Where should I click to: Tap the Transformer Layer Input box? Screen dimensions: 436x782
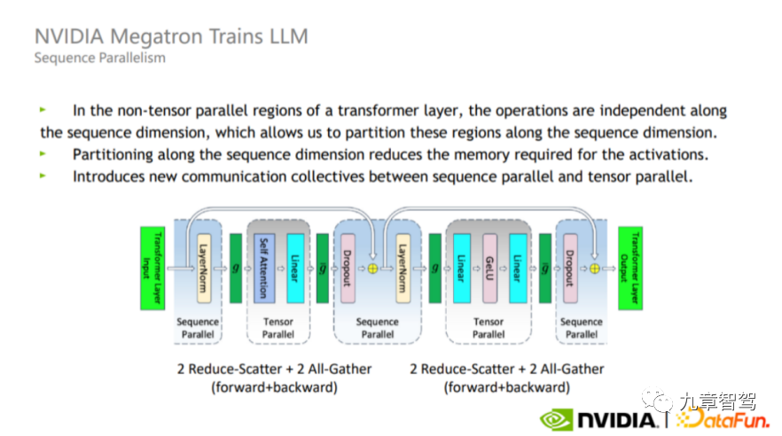click(x=152, y=268)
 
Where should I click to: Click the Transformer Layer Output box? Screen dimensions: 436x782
click(x=630, y=268)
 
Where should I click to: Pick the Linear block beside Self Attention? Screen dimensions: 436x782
click(x=294, y=267)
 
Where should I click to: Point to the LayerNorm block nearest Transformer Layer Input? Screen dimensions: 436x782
click(x=203, y=267)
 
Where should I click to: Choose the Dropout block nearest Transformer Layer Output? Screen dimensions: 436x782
click(x=570, y=267)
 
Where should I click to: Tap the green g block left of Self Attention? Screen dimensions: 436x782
click(x=236, y=268)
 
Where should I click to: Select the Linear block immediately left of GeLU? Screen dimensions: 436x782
click(x=460, y=267)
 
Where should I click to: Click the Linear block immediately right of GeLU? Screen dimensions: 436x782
click(x=516, y=267)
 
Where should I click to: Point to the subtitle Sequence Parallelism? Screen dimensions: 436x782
click(x=99, y=58)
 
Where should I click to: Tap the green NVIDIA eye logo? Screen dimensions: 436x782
click(x=556, y=418)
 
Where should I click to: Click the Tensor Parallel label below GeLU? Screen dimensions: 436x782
click(x=489, y=328)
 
